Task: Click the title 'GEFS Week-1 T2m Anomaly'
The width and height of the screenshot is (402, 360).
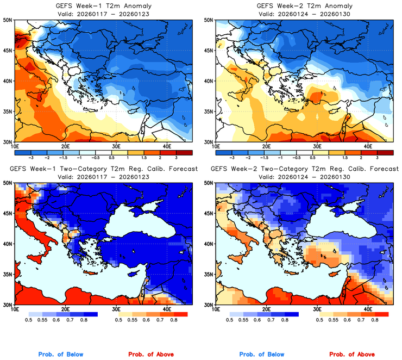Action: [x=103, y=5]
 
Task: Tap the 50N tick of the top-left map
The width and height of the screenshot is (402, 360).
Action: [x=9, y=20]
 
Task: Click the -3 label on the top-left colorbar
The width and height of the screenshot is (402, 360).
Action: [x=33, y=157]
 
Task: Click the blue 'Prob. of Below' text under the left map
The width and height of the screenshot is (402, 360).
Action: [x=60, y=355]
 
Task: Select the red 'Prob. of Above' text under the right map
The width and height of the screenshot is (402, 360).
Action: [x=351, y=355]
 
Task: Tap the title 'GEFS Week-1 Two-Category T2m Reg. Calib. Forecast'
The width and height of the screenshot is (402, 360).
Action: [x=103, y=169]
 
